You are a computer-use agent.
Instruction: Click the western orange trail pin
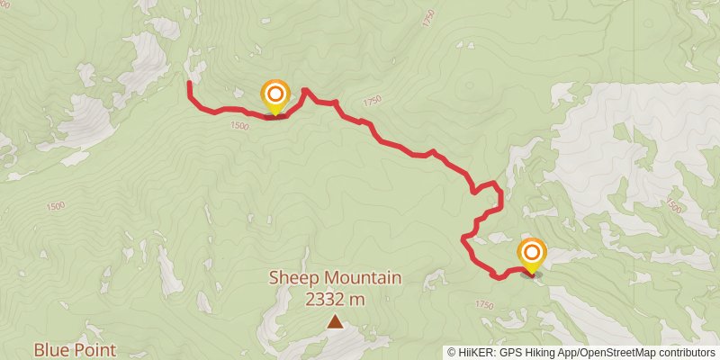[x=275, y=95]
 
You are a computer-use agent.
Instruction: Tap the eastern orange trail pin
[x=532, y=253]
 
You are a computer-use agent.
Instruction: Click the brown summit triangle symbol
[x=335, y=321]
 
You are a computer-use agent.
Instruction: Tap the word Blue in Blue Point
[x=52, y=349]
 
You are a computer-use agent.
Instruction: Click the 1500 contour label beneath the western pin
[x=238, y=127]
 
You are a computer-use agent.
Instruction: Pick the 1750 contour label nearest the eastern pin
[x=483, y=306]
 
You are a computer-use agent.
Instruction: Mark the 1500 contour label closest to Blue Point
[x=55, y=206]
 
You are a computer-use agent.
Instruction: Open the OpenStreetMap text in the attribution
[x=623, y=353]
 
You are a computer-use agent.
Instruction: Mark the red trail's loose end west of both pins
[x=189, y=84]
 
